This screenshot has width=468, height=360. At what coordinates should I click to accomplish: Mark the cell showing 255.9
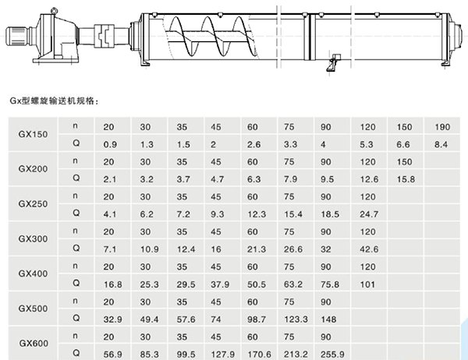[x=329, y=353]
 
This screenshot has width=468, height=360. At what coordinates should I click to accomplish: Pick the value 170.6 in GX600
[x=255, y=353]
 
